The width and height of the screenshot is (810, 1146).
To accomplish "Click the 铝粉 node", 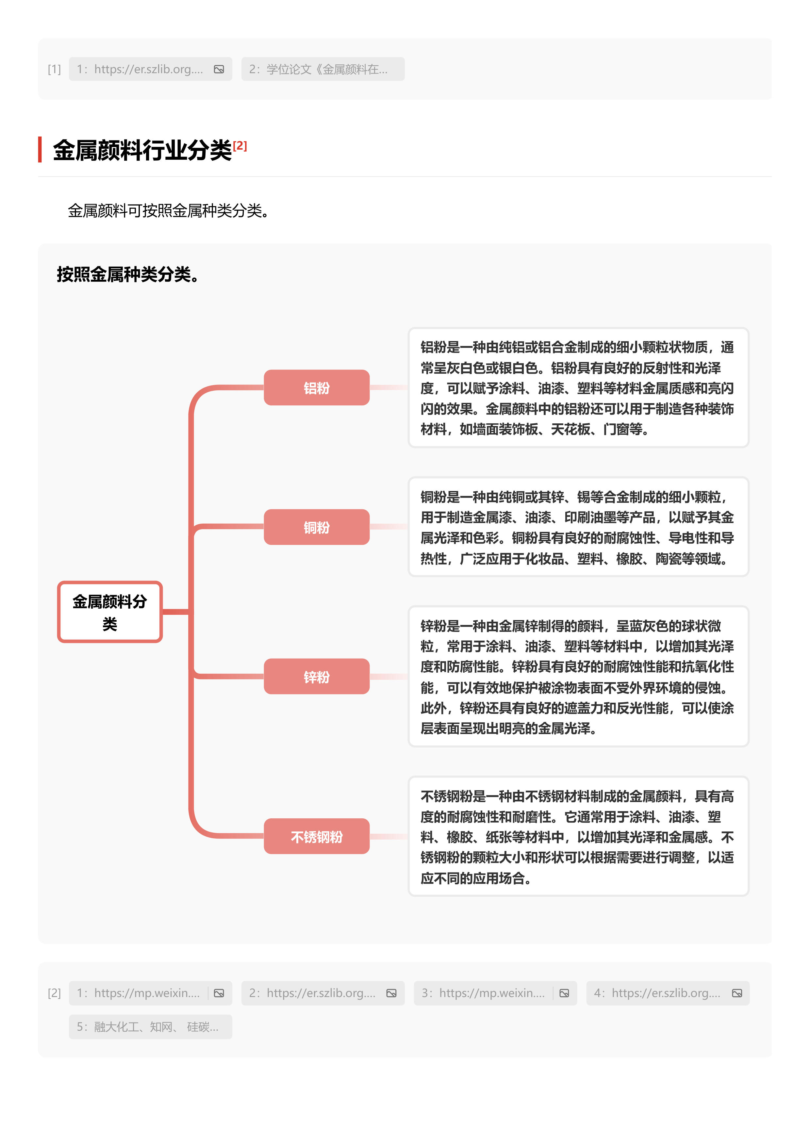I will tap(316, 387).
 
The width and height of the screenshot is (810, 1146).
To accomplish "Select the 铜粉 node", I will tap(316, 527).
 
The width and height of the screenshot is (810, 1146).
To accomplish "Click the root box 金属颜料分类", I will tap(110, 612).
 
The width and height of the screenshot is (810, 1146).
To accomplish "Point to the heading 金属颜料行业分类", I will tap(142, 150).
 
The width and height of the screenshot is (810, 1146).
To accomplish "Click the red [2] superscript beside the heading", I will tap(240, 146).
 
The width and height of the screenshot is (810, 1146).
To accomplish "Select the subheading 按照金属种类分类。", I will tap(128, 274).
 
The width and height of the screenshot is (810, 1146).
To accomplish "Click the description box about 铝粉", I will tap(578, 387).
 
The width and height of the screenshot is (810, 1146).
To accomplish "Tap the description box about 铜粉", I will tap(578, 527).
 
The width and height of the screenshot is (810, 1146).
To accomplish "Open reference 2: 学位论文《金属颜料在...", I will tap(322, 69).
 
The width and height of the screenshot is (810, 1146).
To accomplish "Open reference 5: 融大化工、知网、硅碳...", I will tap(150, 1027).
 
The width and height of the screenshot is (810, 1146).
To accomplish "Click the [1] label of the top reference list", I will tap(54, 69).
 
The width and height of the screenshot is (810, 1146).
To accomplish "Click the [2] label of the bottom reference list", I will tap(54, 993).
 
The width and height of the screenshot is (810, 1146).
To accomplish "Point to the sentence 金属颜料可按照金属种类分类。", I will tap(169, 211).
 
